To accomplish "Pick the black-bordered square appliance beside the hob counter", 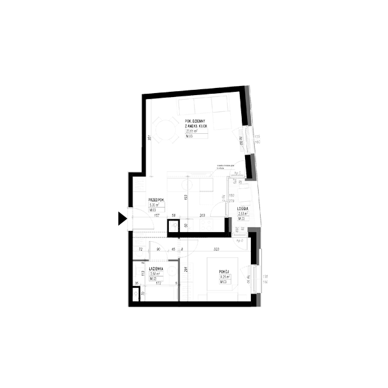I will click(x=173, y=226).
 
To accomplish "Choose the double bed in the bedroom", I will click(x=222, y=277).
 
